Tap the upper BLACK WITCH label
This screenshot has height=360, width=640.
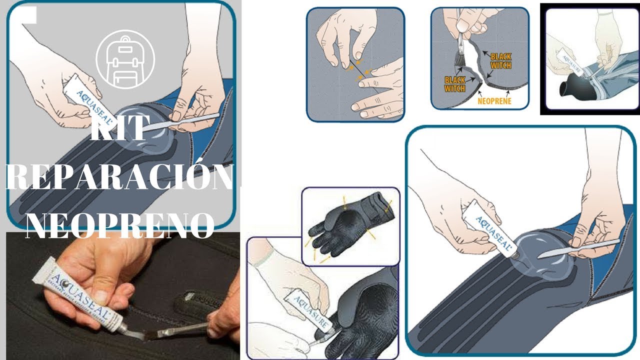[x=500, y=61]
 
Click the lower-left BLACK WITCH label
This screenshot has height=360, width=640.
[x=455, y=84]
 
